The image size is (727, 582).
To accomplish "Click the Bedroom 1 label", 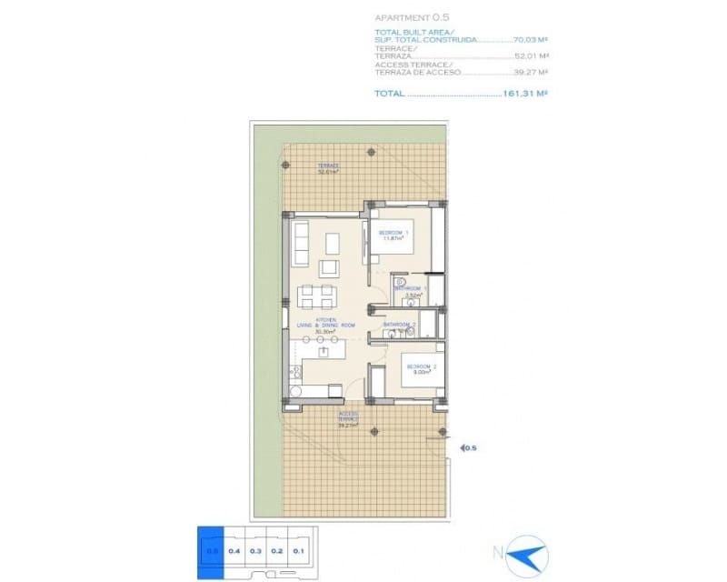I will [393, 236].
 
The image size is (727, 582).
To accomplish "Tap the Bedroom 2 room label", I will [421, 368].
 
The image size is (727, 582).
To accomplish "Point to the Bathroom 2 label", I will [400, 326].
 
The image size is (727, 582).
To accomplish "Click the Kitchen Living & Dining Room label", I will [325, 326].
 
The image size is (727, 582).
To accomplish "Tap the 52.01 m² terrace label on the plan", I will [328, 168].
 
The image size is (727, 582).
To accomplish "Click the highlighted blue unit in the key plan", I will [211, 548].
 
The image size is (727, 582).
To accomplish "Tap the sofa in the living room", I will [300, 244].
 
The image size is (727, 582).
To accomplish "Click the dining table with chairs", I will [316, 296].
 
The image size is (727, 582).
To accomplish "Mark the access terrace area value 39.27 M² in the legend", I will [532, 73].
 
